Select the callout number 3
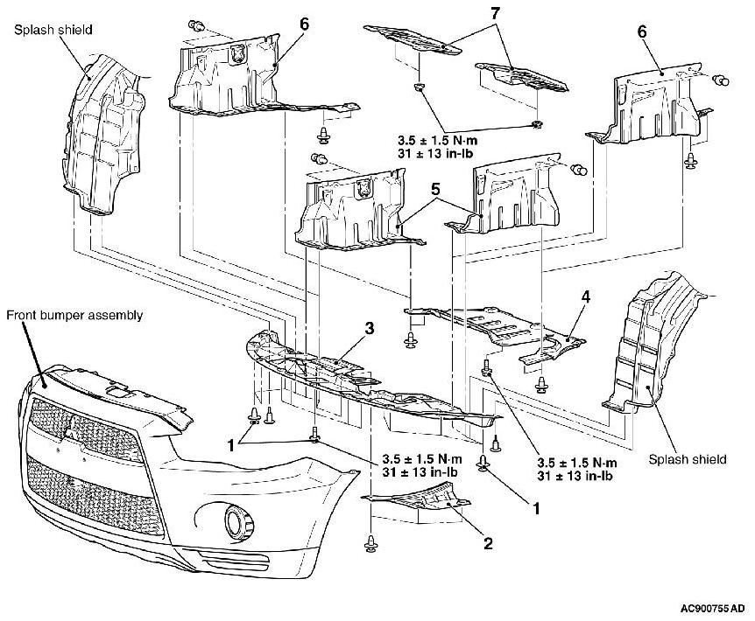click(x=370, y=328)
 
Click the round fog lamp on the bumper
click(x=236, y=523)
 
